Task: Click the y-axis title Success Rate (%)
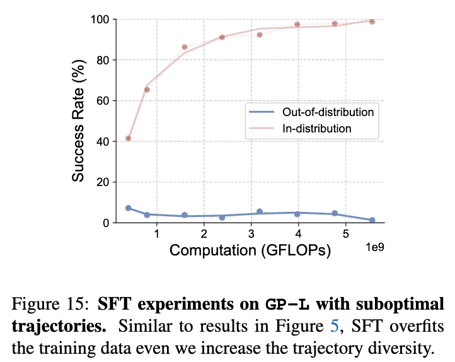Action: coord(78,120)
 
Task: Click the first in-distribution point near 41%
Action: coord(128,138)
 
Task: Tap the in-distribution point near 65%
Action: coord(147,90)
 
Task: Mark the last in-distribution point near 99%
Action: coord(372,21)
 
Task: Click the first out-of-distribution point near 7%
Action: coord(128,208)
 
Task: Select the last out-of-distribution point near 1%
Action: coord(372,220)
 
